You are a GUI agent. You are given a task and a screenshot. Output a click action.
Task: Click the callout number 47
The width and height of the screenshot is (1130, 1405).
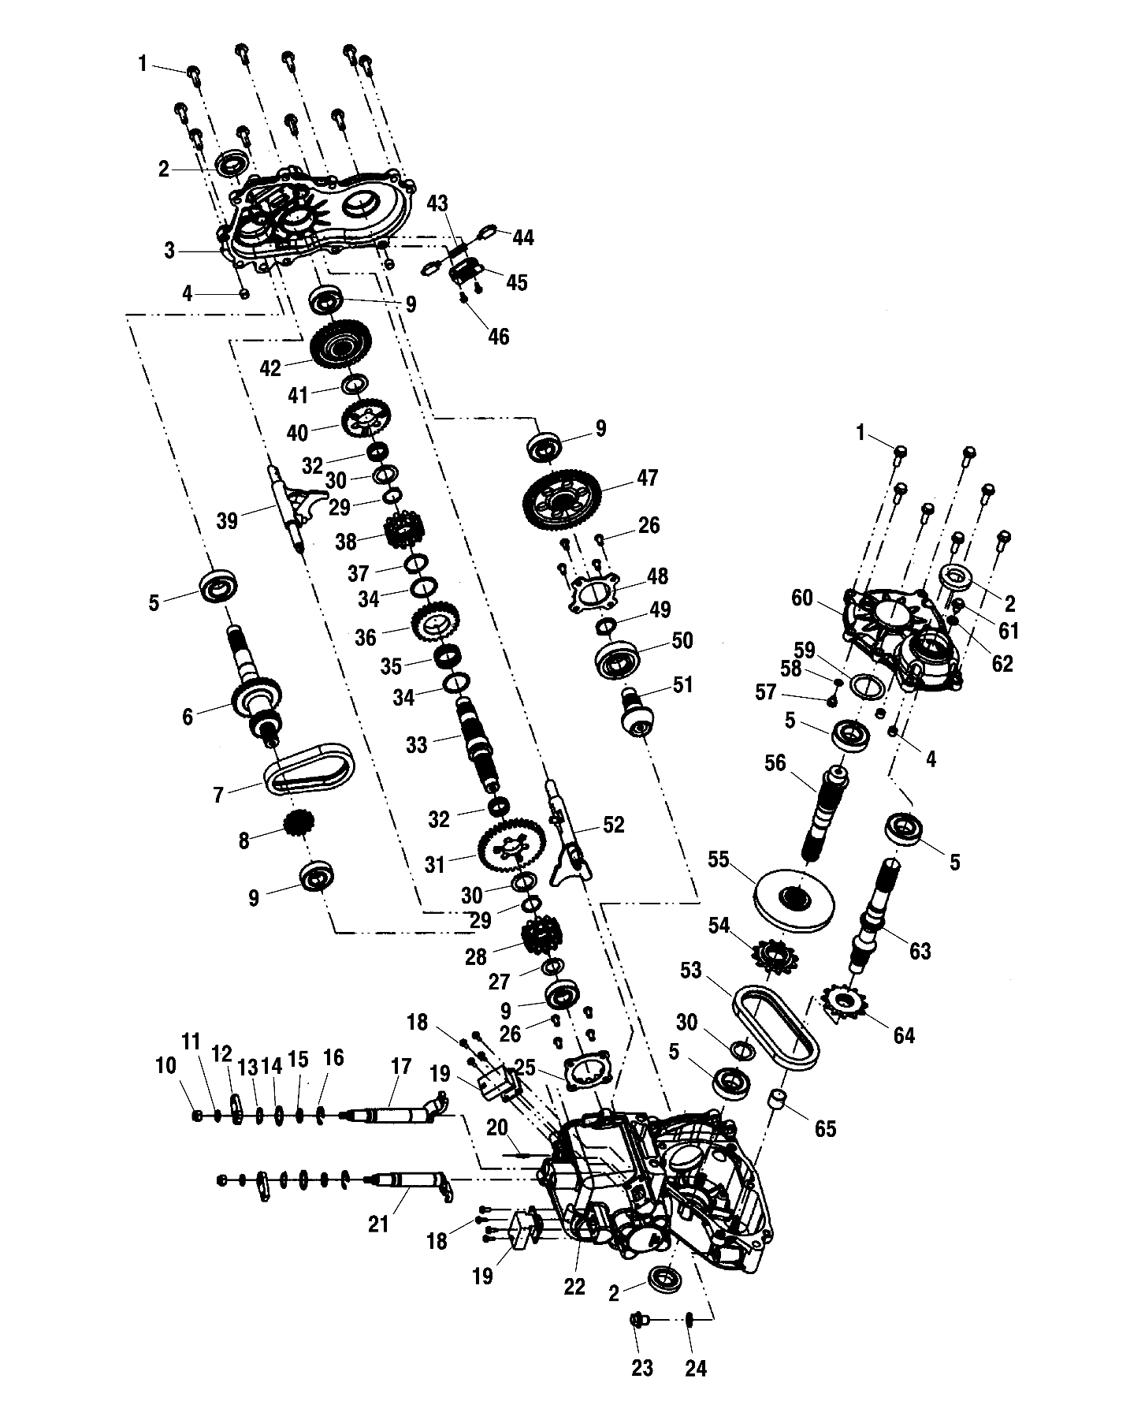647,478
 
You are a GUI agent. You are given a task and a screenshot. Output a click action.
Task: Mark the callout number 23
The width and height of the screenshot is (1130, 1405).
642,1367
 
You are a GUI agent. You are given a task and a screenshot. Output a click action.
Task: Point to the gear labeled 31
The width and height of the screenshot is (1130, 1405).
509,848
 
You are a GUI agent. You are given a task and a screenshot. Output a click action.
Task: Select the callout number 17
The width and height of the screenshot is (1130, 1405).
400,1067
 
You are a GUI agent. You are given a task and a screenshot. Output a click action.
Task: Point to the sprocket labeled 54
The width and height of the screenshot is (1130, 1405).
776,956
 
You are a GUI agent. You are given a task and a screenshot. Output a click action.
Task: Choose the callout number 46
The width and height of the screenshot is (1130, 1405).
498,337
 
